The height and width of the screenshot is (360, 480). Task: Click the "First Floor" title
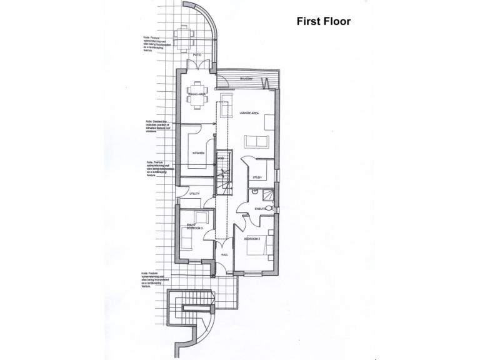323,21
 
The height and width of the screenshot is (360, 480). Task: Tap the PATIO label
197,56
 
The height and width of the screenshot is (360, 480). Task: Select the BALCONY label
247,79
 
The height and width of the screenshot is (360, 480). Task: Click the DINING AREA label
197,94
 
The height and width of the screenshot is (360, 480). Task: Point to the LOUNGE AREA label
249,114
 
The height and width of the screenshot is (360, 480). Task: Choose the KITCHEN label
199,152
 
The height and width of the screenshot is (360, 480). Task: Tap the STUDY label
257,178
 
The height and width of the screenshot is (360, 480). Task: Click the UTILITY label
194,194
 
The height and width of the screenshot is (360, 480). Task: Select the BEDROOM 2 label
252,239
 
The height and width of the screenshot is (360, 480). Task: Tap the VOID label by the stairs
220,159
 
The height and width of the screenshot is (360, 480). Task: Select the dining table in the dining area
197,96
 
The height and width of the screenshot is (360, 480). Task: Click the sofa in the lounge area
254,141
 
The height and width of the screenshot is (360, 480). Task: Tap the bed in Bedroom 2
262,245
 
